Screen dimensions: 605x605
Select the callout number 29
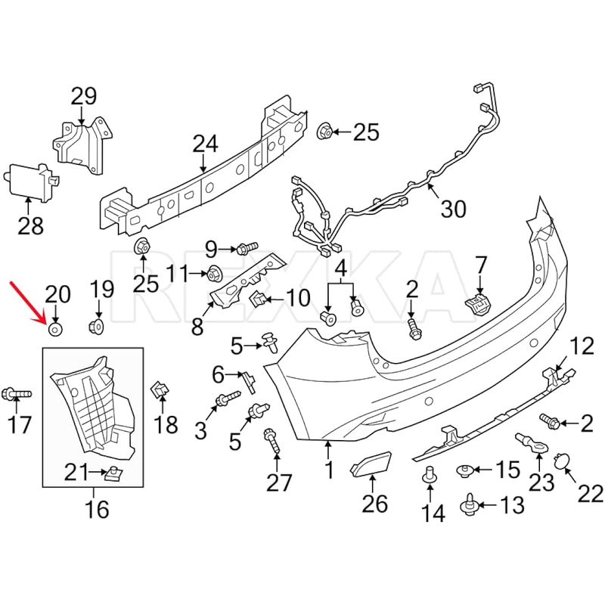click(x=84, y=97)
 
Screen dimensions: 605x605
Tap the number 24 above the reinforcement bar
click(x=204, y=143)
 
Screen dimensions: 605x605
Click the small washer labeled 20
click(x=55, y=329)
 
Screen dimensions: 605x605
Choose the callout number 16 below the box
click(x=98, y=510)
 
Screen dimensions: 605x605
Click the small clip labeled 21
click(x=113, y=474)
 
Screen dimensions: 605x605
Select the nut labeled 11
click(x=215, y=273)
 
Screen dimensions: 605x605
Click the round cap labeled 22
click(x=563, y=462)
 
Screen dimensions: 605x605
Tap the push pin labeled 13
click(x=468, y=503)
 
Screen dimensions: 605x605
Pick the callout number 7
click(x=481, y=265)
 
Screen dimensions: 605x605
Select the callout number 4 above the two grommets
click(x=340, y=268)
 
